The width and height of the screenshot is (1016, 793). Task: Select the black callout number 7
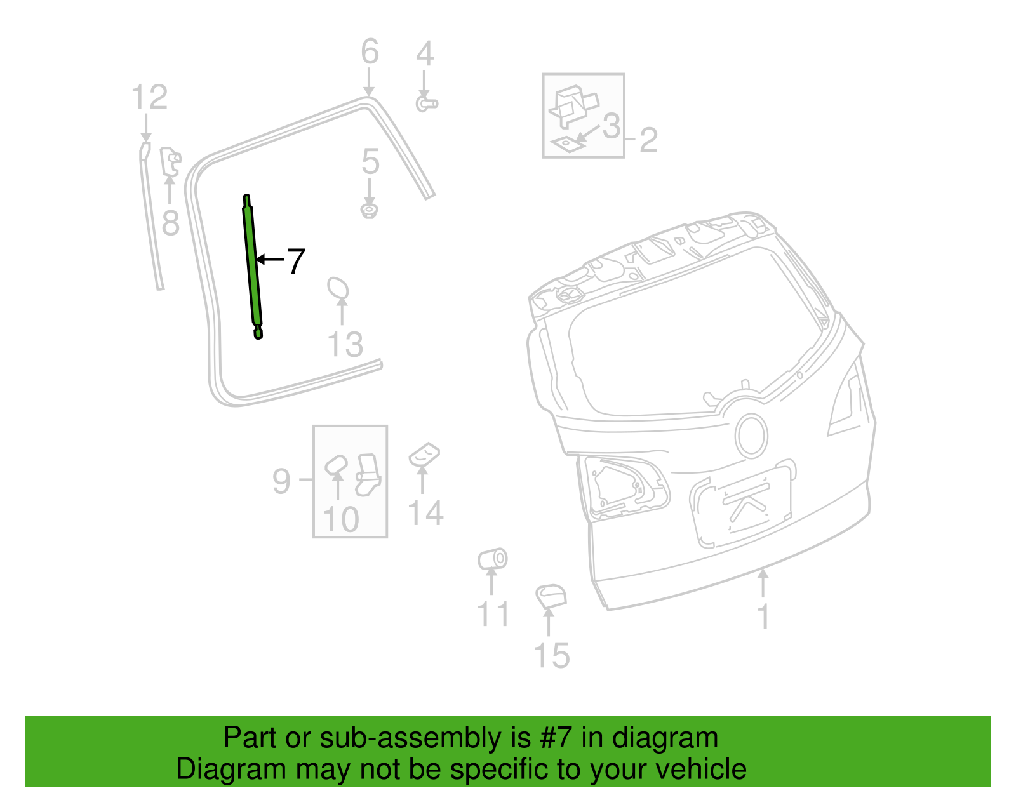296,262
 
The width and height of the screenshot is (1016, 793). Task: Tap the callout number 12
149,98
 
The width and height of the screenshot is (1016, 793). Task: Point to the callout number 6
370,52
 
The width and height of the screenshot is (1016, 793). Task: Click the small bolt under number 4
426,103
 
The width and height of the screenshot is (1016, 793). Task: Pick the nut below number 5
370,210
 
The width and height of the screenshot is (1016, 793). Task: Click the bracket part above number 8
170,161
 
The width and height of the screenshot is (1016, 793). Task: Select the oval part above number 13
338,288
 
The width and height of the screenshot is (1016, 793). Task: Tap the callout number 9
281,481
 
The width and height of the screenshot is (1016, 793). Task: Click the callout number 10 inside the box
341,520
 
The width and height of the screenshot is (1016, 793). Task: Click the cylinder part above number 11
493,559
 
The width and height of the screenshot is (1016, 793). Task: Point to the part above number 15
551,596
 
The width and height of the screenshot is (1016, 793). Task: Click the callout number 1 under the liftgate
764,616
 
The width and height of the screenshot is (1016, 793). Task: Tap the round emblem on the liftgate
751,436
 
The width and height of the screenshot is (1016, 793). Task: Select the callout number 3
611,126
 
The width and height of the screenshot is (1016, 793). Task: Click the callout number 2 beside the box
648,140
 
